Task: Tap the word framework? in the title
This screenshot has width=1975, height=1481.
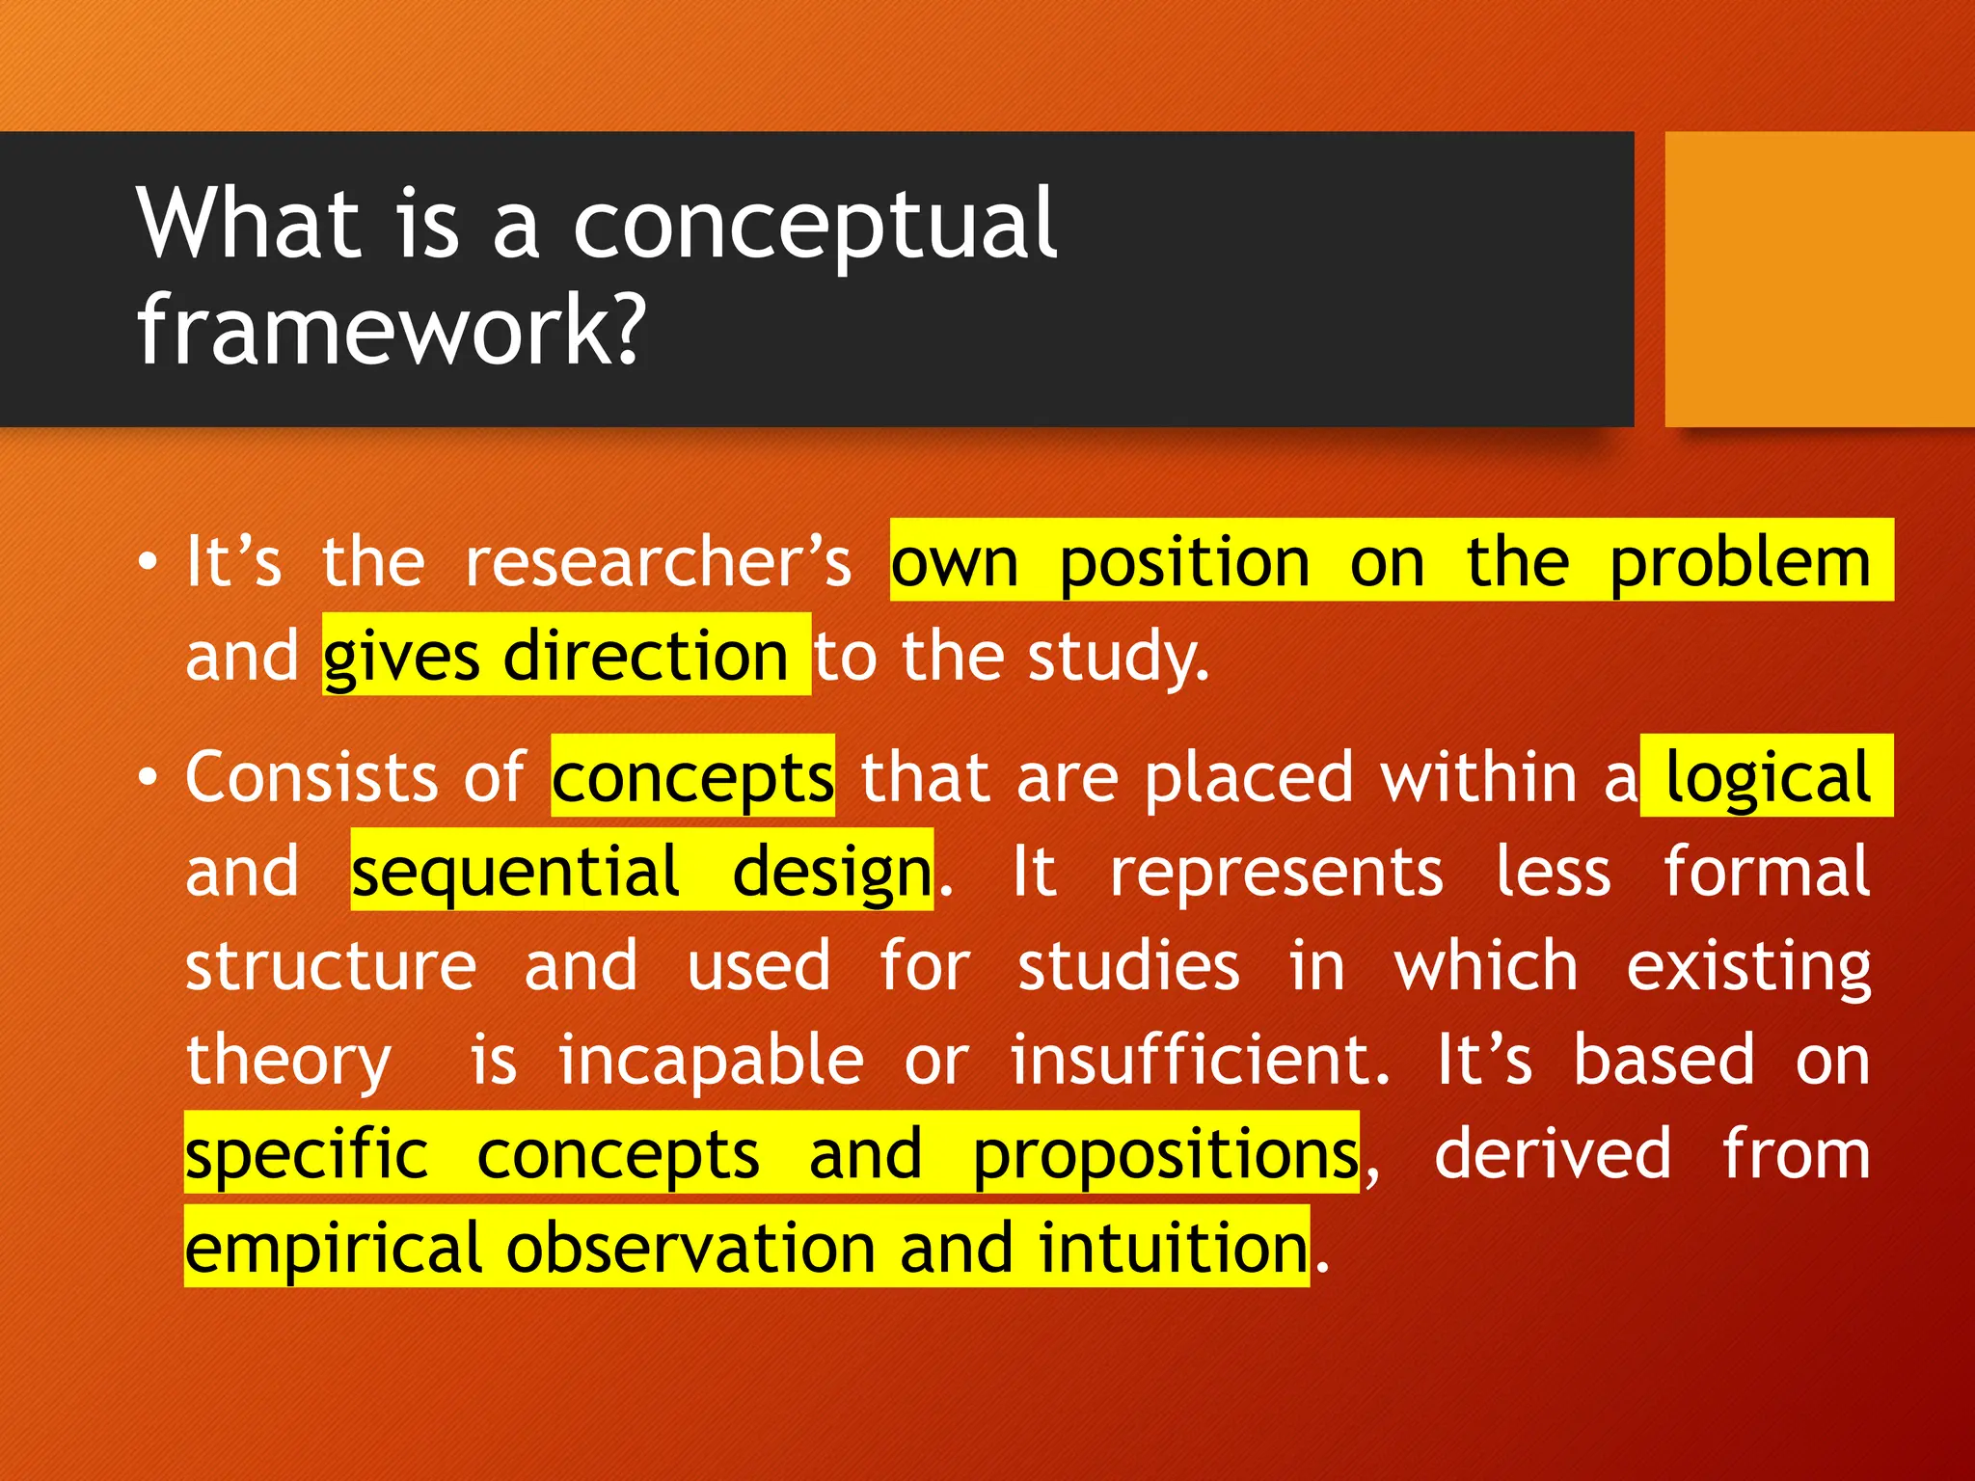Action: coord(391,330)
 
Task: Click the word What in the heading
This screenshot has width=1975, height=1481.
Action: coord(249,224)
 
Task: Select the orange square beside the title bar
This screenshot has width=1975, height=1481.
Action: coord(1819,279)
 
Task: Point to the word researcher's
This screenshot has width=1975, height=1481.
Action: coord(659,562)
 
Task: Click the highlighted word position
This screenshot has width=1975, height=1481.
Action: coord(1184,564)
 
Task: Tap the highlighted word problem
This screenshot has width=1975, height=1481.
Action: coord(1740,564)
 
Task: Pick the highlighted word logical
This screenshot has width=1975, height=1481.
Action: coord(1768,777)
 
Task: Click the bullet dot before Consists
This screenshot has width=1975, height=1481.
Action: coord(147,777)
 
